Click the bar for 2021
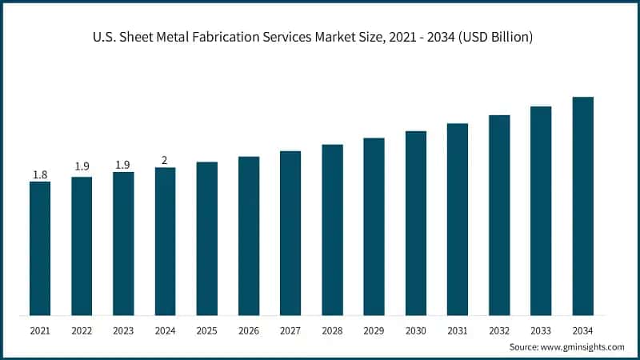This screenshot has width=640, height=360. pyautogui.click(x=40, y=248)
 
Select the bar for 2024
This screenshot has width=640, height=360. pyautogui.click(x=165, y=241)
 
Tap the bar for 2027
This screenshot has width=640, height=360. pyautogui.click(x=290, y=233)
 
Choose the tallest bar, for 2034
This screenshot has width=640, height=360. pyautogui.click(x=582, y=206)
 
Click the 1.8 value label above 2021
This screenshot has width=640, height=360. pyautogui.click(x=40, y=174)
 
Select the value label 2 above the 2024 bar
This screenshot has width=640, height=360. pyautogui.click(x=165, y=160)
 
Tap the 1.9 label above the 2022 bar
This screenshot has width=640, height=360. pyautogui.click(x=82, y=166)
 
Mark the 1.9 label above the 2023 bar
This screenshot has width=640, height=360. pyautogui.click(x=123, y=165)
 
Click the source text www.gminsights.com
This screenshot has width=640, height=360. pyautogui.click(x=582, y=347)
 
